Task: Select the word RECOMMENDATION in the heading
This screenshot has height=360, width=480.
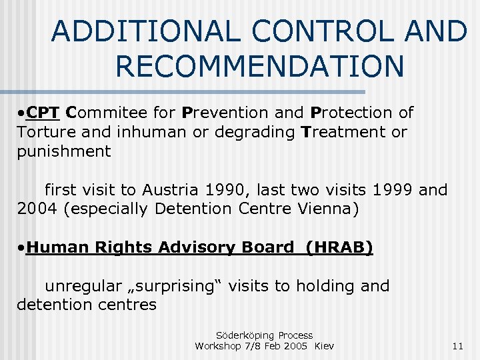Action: click(259, 66)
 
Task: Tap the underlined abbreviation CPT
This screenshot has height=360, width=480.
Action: click(44, 113)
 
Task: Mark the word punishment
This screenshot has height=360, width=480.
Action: click(64, 151)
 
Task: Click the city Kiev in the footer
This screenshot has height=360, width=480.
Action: click(324, 346)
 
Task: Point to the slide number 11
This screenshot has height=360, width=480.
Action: click(457, 346)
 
